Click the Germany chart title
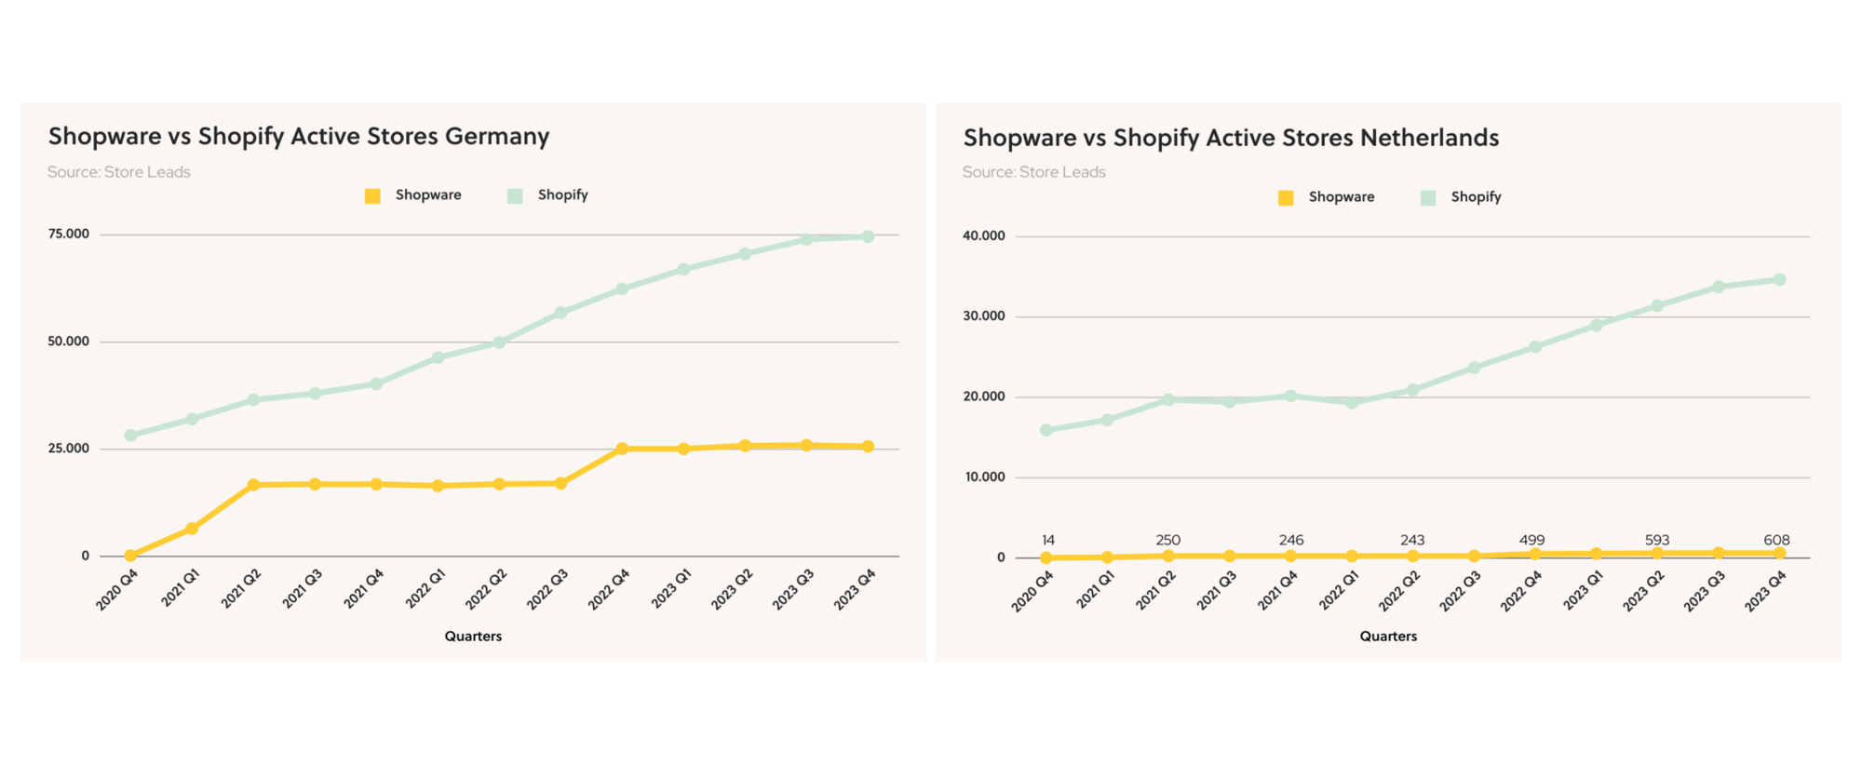299,137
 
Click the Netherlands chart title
1231,139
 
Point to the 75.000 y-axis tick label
69,235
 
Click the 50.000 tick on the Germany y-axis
69,342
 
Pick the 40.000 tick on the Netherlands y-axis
984,236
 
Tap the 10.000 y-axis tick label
985,477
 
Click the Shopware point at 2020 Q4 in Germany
130,556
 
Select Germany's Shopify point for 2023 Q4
868,237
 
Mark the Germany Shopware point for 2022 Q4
622,449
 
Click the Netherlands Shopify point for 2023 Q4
1779,280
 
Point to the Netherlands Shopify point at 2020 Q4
1046,430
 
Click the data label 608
1776,540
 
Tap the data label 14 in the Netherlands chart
1048,540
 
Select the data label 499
1531,540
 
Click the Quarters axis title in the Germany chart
473,637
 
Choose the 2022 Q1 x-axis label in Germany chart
425,589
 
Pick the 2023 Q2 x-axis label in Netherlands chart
1643,591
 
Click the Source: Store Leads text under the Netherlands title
1033,172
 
